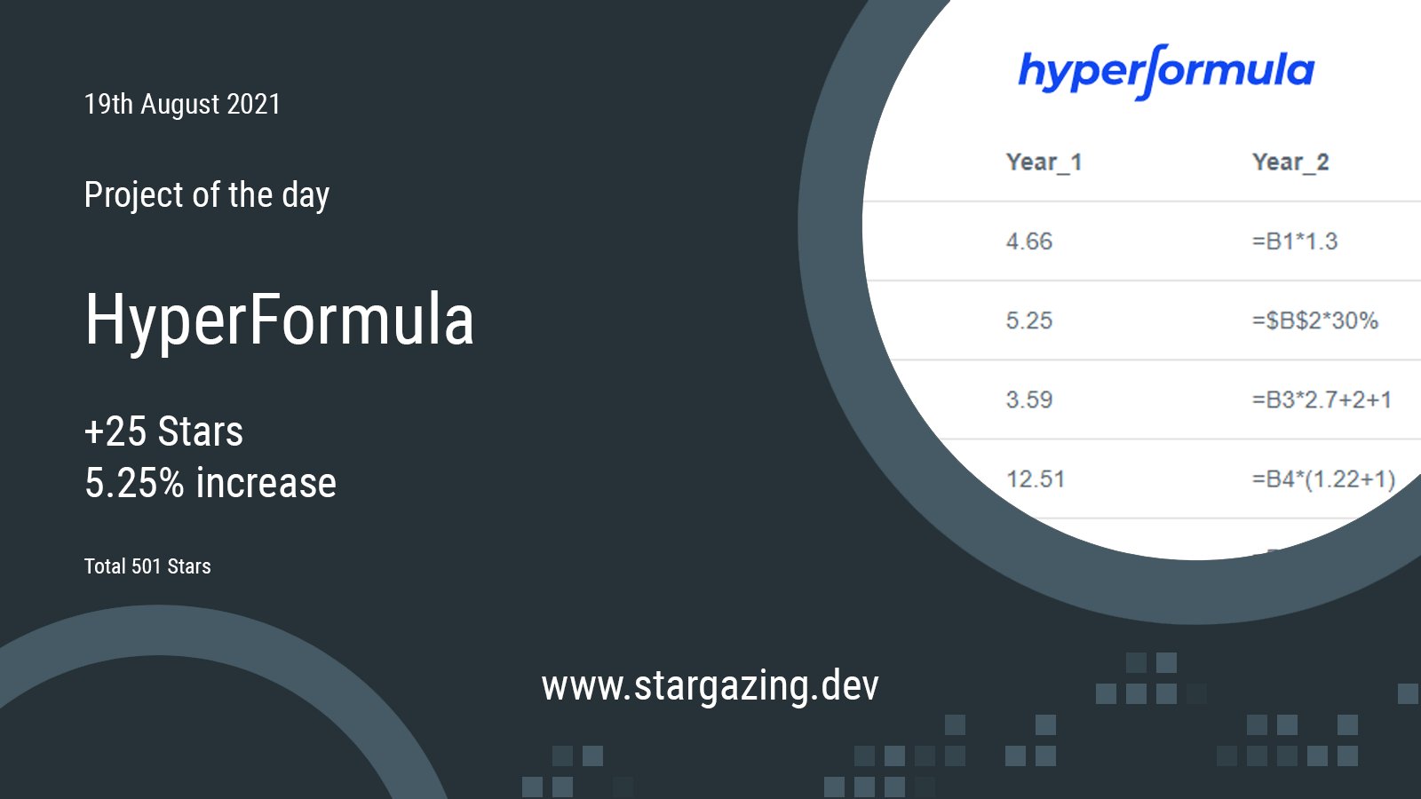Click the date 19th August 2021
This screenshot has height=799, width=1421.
[182, 105]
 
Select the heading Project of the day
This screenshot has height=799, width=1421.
[206, 195]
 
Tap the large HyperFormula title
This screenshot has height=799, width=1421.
[279, 320]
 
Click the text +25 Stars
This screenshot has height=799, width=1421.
[163, 431]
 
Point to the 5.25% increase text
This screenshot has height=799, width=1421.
[210, 483]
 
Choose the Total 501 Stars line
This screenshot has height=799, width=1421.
[147, 566]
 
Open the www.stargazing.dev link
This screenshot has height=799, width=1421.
[710, 685]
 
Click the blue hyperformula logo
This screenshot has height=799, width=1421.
[1165, 71]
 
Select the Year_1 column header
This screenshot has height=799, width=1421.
[1044, 162]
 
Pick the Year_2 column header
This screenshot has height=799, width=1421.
[1290, 162]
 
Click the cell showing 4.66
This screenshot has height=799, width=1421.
[1028, 241]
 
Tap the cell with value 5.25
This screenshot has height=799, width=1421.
[1028, 320]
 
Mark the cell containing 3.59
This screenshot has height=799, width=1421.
[1028, 399]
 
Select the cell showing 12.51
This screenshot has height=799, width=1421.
[1035, 479]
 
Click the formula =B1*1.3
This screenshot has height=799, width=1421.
[1294, 241]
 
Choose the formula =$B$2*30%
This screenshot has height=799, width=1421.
[1314, 320]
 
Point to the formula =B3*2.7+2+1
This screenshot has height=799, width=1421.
[1321, 399]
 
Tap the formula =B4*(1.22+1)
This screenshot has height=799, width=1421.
[1322, 479]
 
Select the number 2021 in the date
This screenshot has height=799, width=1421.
[253, 105]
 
